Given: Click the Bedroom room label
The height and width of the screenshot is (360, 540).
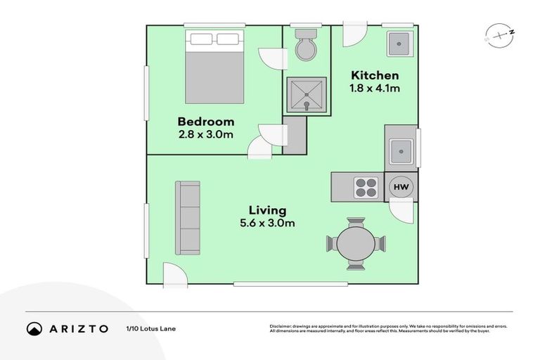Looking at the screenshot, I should tap(205, 122).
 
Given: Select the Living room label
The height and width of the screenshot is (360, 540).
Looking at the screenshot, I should tap(267, 210).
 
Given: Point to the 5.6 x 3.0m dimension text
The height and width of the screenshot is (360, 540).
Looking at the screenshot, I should tap(267, 224).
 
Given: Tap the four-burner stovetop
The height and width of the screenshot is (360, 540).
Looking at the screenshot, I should tap(366, 187).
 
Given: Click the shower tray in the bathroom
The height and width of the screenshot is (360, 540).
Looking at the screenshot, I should tap(306, 95).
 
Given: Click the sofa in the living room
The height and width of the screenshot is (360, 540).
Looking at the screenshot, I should tap(187, 218).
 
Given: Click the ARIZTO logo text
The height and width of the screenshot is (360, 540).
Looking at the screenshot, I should tap(79, 328).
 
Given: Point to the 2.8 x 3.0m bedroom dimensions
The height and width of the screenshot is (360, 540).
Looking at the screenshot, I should tap(205, 135).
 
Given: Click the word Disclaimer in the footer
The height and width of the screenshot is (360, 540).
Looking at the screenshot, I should tap(281, 326).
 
